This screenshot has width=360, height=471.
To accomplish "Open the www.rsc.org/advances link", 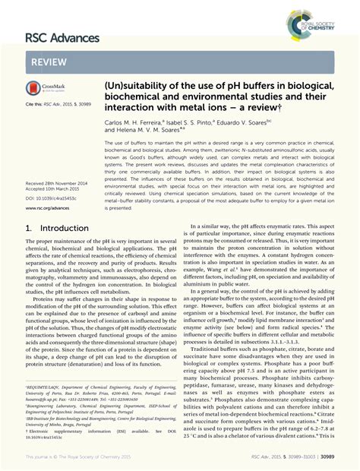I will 50,187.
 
